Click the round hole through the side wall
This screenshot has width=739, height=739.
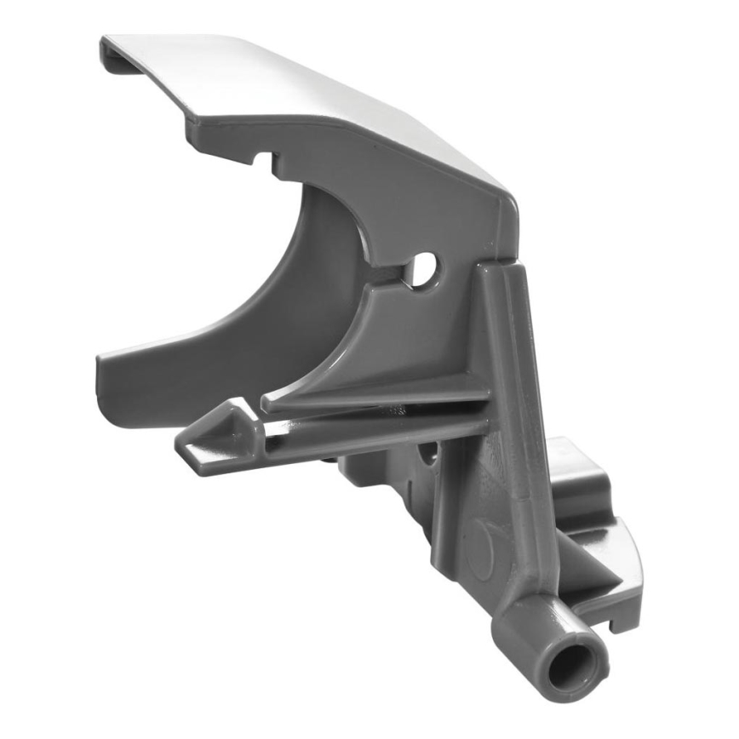coord(423,270)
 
